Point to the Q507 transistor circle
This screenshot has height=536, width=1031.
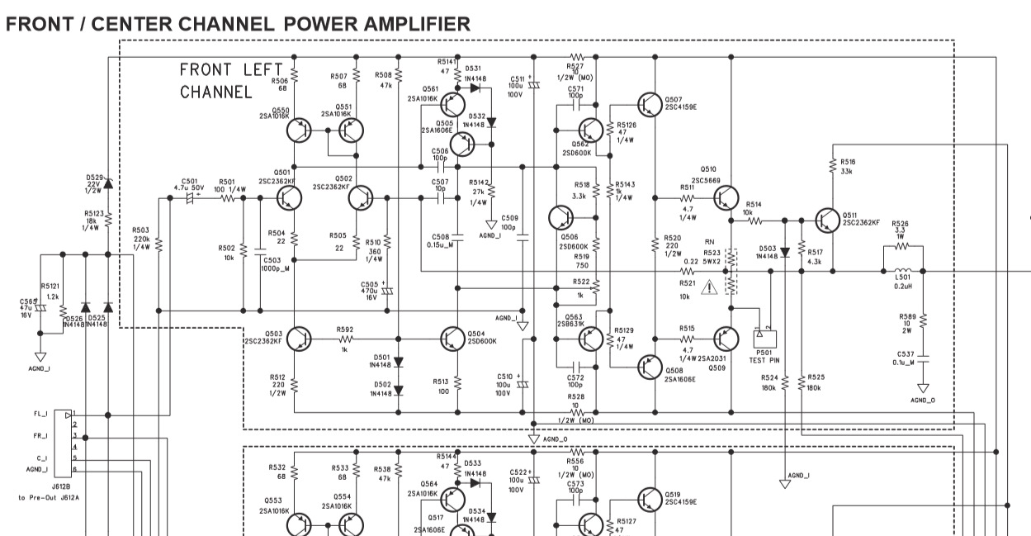tap(650, 104)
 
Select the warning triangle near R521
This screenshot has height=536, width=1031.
tap(709, 287)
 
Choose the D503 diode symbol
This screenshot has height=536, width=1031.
tap(785, 253)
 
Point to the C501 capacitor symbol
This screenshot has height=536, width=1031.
tap(192, 199)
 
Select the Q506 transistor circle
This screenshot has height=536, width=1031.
tap(561, 218)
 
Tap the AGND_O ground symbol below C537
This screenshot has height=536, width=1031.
tap(923, 387)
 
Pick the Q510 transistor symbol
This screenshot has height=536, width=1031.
tap(726, 198)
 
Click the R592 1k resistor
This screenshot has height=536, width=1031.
tap(345, 339)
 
